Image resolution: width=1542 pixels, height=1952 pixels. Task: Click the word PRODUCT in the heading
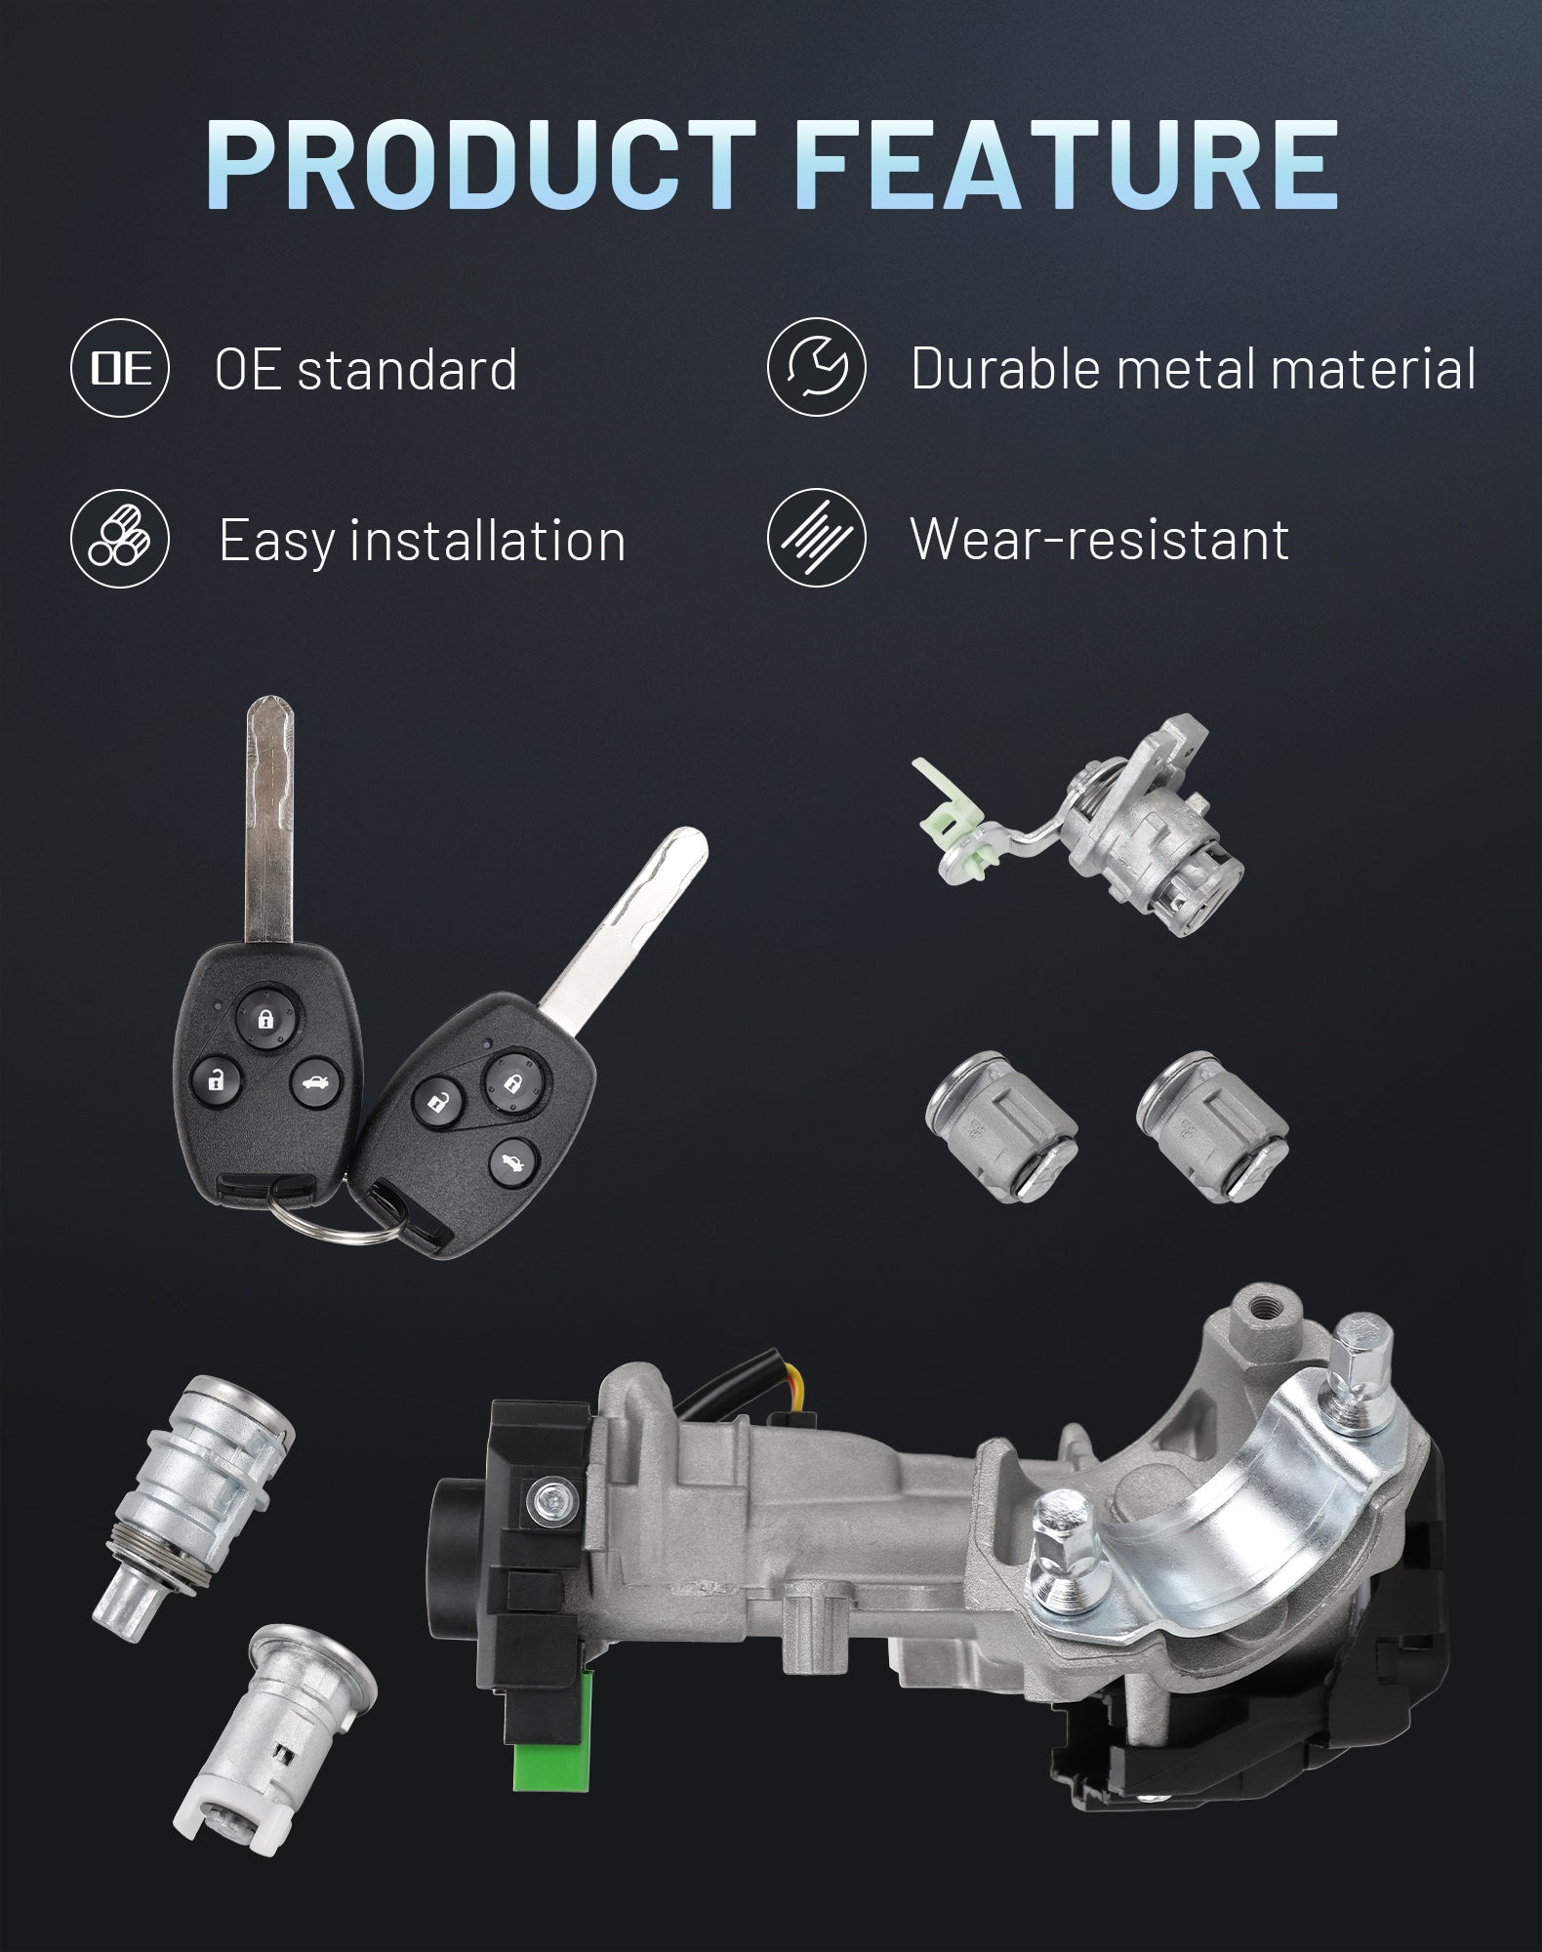coord(478,165)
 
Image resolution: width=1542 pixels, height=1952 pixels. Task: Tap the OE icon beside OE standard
coord(121,369)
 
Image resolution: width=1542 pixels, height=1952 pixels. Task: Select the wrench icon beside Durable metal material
coord(816,368)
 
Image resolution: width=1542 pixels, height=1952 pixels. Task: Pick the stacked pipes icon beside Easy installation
coord(120,539)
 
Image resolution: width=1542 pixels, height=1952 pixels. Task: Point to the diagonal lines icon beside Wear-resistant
coord(816,538)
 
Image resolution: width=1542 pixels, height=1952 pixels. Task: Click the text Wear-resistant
coord(1100,539)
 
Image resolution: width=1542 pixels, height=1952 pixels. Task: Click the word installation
coord(488,540)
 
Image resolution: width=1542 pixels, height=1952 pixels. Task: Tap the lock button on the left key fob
coord(264,1020)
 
